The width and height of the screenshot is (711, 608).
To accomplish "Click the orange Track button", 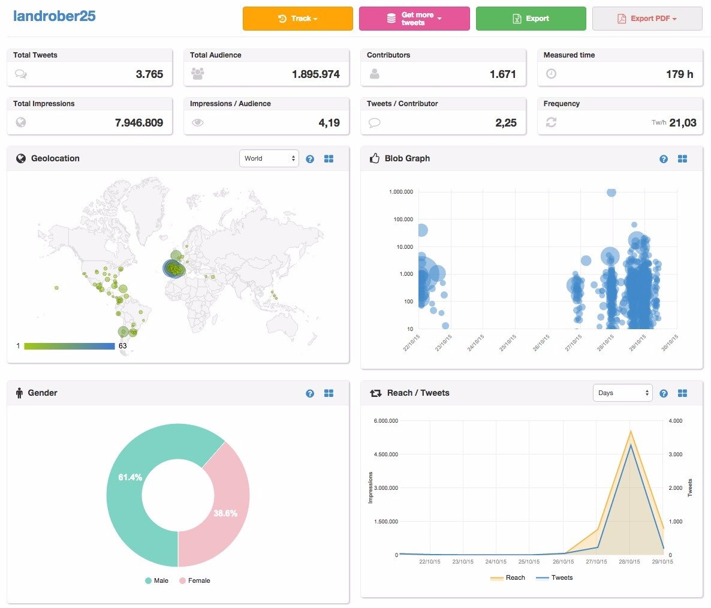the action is [297, 19].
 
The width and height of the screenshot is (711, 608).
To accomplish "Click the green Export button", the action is [531, 19].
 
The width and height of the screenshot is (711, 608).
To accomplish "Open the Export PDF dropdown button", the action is [647, 19].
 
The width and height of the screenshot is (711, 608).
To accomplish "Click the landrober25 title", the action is [55, 16].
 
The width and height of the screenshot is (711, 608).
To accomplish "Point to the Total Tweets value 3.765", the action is [149, 74].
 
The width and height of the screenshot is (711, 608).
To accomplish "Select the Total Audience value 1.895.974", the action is [315, 74].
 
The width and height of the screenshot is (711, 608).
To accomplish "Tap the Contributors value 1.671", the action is [502, 74].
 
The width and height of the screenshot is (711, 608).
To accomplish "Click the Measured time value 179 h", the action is [679, 74].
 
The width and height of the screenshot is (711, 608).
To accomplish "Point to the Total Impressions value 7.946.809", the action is [138, 122].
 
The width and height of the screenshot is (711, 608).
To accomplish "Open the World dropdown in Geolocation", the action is [269, 158].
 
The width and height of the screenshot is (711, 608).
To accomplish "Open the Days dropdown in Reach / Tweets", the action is [623, 393].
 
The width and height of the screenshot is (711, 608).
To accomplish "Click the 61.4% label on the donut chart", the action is [130, 477].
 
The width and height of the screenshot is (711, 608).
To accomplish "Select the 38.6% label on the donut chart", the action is [225, 513].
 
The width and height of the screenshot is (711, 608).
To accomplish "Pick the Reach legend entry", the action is [507, 577].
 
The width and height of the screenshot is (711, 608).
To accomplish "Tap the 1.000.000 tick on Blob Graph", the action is [401, 192].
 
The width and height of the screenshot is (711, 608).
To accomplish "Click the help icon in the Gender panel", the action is [310, 393].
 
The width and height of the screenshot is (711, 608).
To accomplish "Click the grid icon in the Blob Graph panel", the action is [682, 159].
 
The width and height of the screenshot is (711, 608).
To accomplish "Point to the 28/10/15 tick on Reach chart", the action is [629, 562].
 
